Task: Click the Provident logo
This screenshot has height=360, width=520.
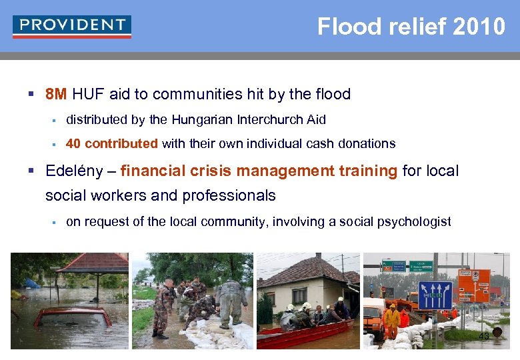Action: pyautogui.click(x=71, y=27)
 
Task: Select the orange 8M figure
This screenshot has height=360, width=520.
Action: pyautogui.click(x=56, y=94)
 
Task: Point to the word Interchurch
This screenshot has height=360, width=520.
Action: pyautogui.click(x=257, y=120)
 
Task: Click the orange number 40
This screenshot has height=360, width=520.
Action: pyautogui.click(x=73, y=144)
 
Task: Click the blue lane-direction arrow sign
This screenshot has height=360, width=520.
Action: pyautogui.click(x=435, y=295)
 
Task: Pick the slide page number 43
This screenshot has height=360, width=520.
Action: pyautogui.click(x=484, y=337)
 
